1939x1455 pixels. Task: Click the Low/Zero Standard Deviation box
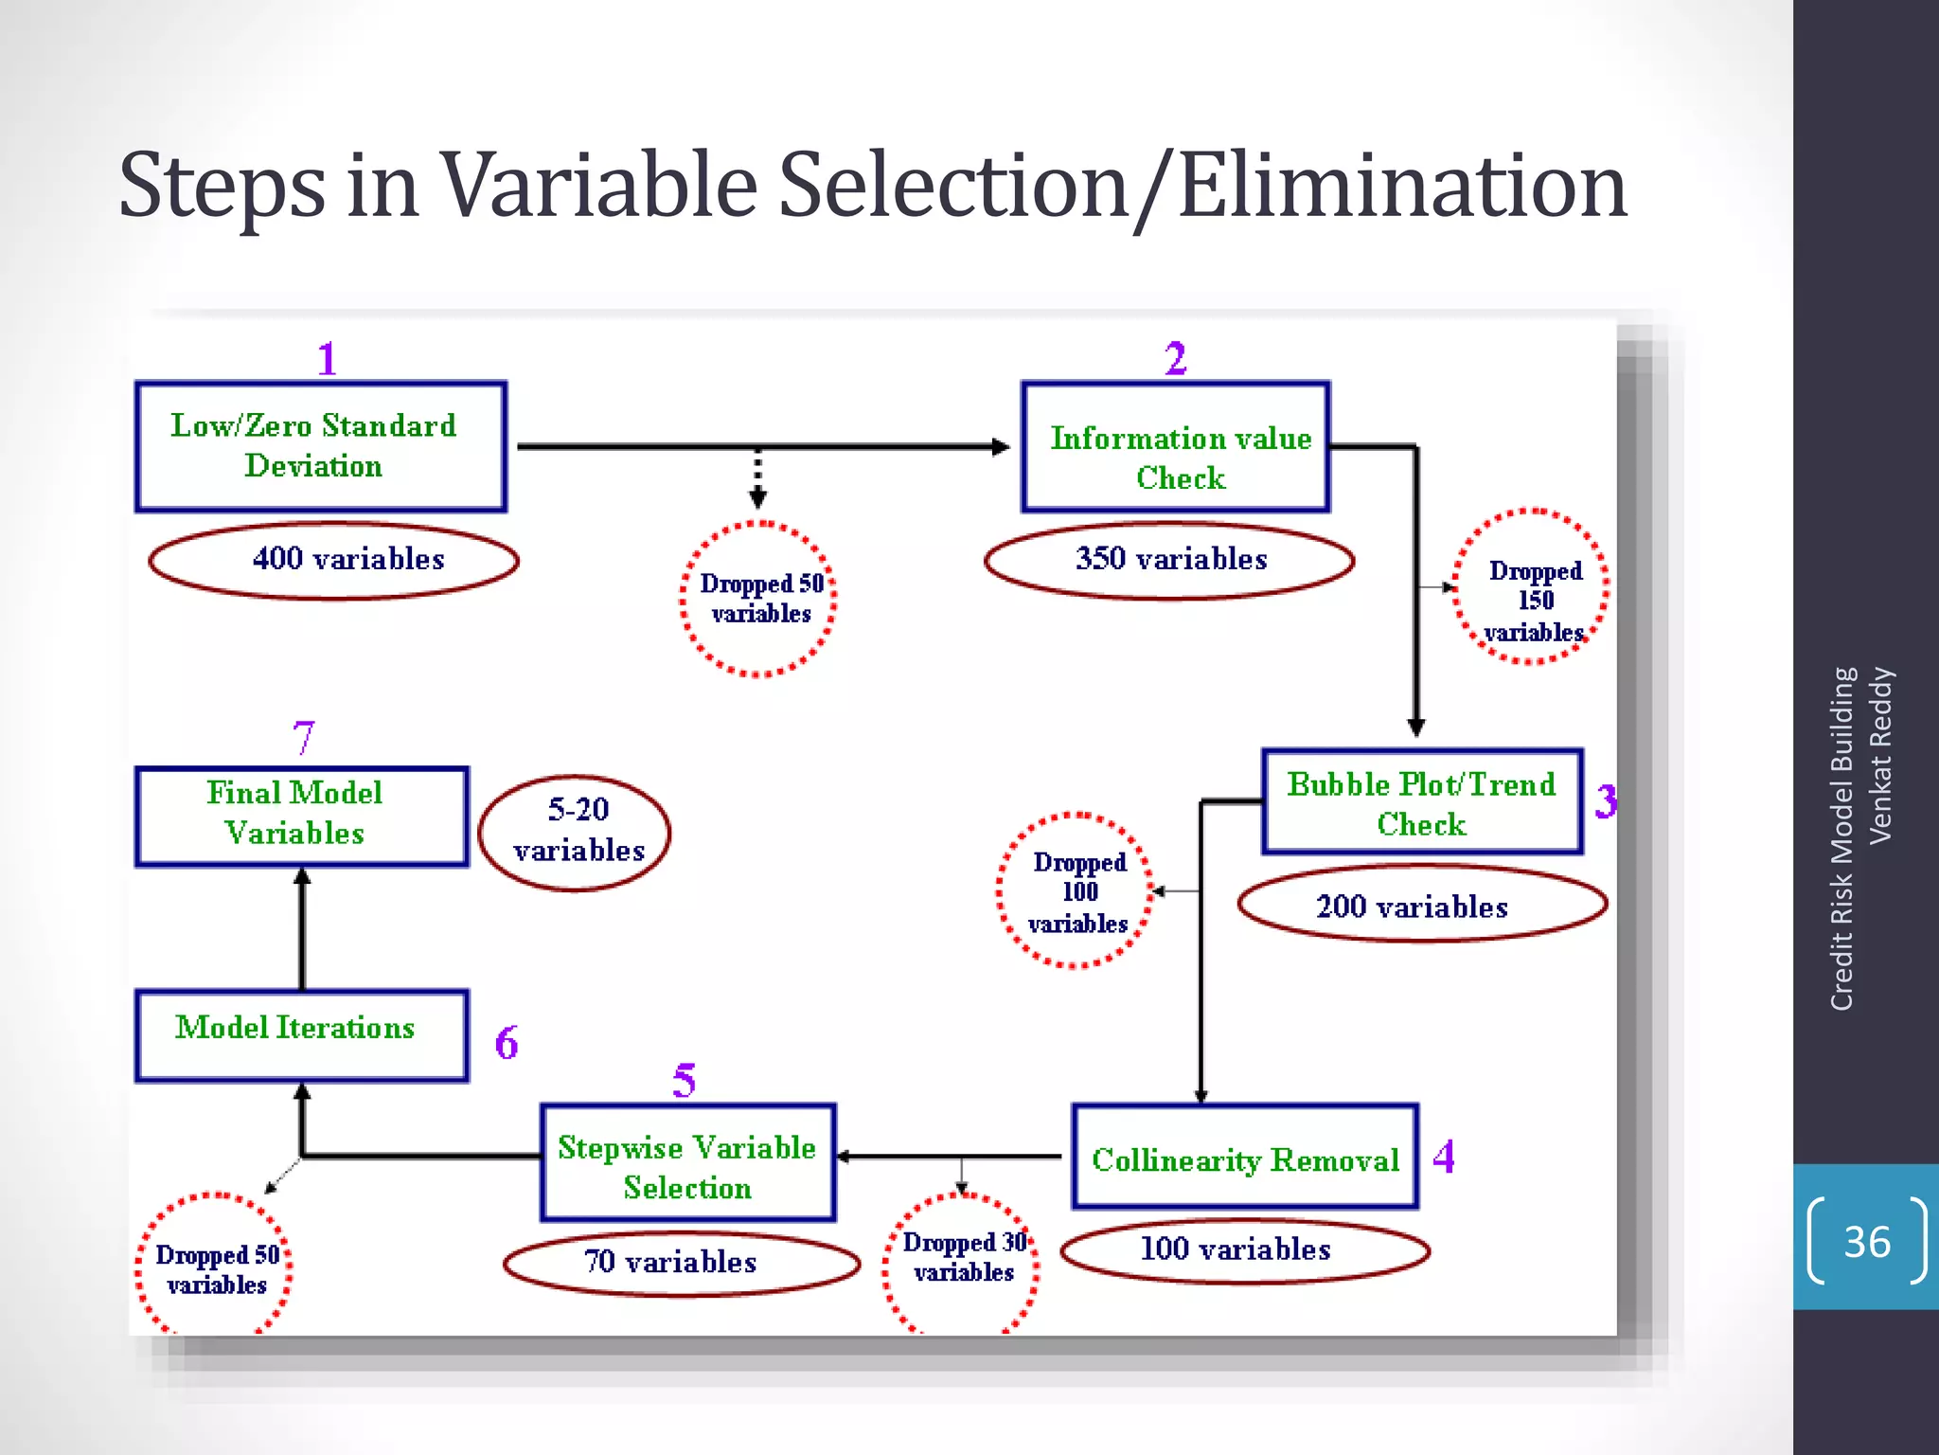(x=320, y=446)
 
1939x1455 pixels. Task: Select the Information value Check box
(x=1176, y=447)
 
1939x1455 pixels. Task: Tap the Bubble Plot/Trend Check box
(x=1422, y=802)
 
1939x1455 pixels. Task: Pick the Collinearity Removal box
(x=1245, y=1157)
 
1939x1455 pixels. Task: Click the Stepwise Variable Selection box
(x=688, y=1163)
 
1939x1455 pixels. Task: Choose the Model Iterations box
(x=301, y=1035)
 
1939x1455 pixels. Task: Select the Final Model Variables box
(x=301, y=816)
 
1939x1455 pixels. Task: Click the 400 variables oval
(x=333, y=560)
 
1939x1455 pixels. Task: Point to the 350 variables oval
(x=1169, y=560)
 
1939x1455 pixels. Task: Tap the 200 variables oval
(x=1422, y=905)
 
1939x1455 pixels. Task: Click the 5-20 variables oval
(x=575, y=833)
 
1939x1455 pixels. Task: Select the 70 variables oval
(x=681, y=1263)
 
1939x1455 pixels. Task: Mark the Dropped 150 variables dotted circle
(x=1532, y=587)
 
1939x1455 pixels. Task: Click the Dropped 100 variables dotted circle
(x=1076, y=890)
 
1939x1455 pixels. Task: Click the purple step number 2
(x=1175, y=358)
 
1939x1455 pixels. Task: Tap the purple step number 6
(x=507, y=1043)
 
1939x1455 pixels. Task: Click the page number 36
(x=1866, y=1241)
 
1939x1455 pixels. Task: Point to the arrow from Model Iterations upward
(x=302, y=928)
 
